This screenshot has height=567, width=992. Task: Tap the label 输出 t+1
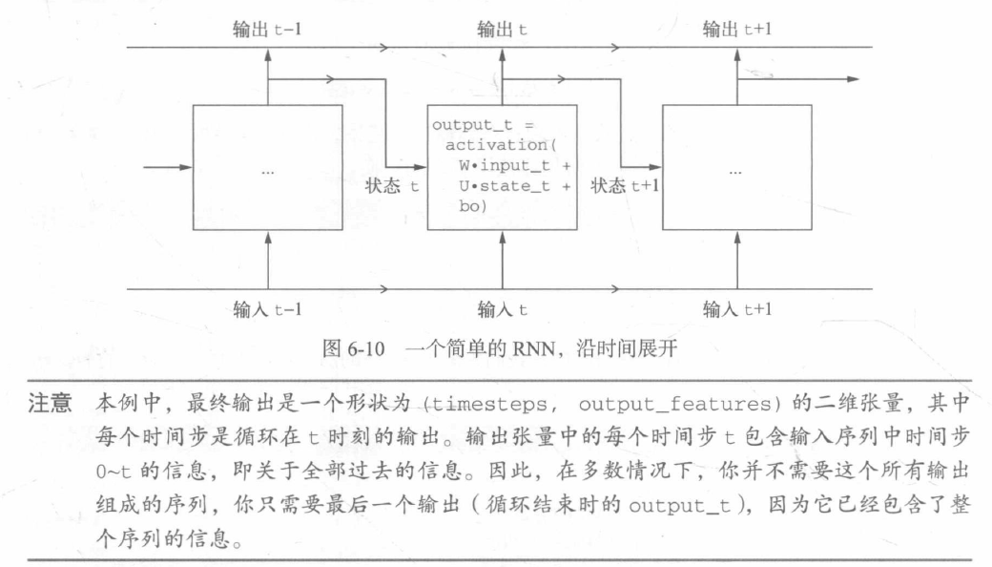pyautogui.click(x=735, y=30)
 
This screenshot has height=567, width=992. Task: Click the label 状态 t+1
pyautogui.click(x=625, y=187)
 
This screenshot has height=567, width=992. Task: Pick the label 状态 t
pyautogui.click(x=391, y=187)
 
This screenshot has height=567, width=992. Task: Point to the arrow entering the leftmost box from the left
pyautogui.click(x=167, y=168)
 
